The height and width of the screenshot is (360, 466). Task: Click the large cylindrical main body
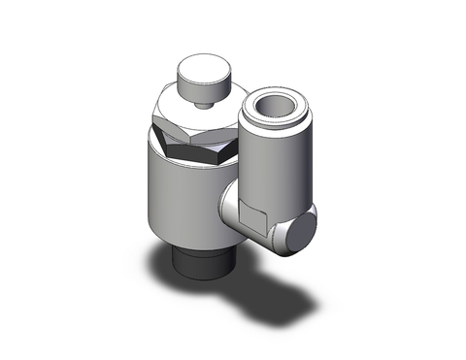click(184, 199)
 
